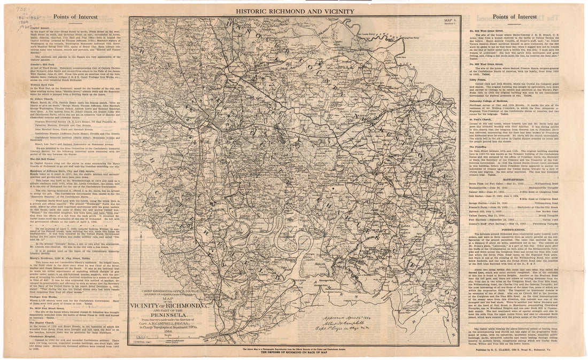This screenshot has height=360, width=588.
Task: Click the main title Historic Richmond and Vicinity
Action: [293, 11]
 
